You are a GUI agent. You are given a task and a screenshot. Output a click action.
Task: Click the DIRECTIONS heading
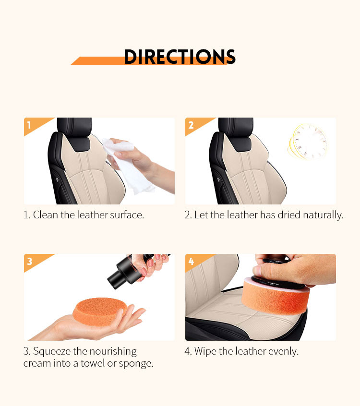pos(180,57)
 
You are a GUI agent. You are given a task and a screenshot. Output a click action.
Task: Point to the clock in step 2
pos(308,142)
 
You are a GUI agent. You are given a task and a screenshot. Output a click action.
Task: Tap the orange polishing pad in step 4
pos(276,295)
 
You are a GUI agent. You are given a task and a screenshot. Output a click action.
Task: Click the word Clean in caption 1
pos(46,215)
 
